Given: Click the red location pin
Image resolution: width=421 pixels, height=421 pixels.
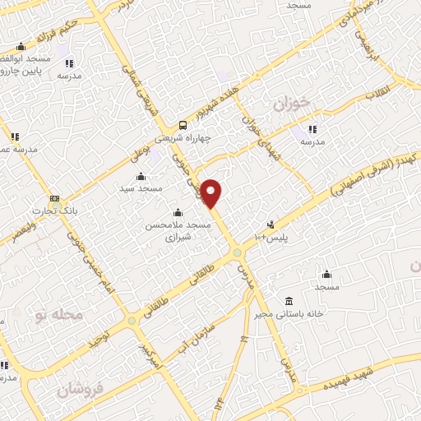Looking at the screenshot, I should [211, 192].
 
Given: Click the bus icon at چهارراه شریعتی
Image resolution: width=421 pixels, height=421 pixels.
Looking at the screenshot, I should [183, 125].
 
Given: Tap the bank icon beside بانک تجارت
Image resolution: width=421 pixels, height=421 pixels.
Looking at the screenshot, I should [54, 198].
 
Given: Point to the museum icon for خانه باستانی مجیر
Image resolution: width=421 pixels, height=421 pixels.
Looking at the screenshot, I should [288, 301].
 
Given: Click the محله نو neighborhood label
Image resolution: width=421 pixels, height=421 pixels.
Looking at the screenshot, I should [62, 315].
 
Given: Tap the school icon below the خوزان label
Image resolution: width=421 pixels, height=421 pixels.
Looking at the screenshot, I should [312, 129].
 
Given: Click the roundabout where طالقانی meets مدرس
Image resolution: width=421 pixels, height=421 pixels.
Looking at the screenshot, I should [237, 252].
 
